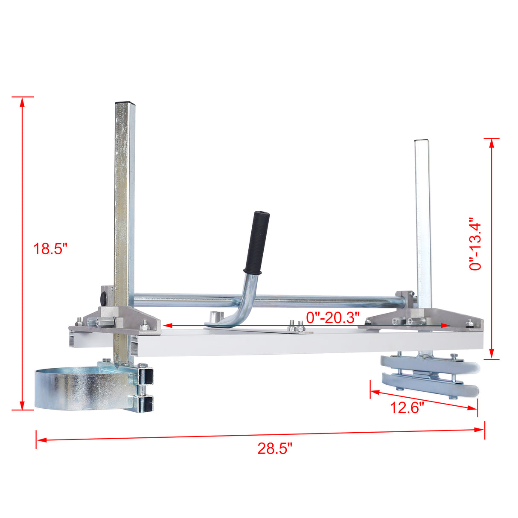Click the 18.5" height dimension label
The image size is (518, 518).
click(x=50, y=248)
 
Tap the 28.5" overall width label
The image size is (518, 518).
click(x=275, y=448)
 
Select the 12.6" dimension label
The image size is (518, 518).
click(x=407, y=407)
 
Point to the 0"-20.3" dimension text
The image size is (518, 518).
click(x=333, y=317)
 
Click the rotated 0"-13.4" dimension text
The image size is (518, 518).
click(x=475, y=246)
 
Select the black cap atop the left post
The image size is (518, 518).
click(x=125, y=103)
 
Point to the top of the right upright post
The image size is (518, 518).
click(x=421, y=140)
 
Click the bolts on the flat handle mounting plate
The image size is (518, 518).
click(x=296, y=328)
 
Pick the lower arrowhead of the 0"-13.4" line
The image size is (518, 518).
click(x=492, y=355)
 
